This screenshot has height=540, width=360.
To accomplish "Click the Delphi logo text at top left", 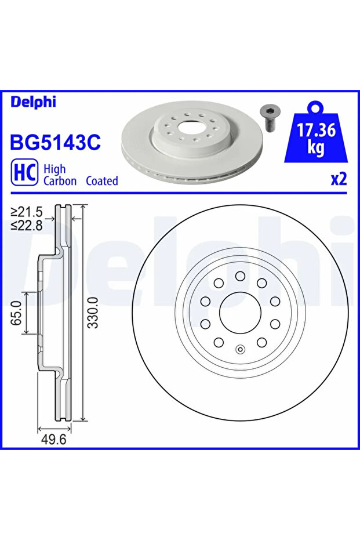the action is point(33,102).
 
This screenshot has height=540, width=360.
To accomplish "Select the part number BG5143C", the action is point(56,142).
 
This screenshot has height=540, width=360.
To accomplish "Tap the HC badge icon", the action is point(24,172).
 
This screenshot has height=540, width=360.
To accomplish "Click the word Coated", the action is point(102,181).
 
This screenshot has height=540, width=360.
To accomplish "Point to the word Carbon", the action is point(60,181).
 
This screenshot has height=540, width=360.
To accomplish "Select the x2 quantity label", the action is point(339,179).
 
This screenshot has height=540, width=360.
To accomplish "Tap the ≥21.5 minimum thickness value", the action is point(27,212).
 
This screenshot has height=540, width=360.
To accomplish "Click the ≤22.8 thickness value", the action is point(27,226).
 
